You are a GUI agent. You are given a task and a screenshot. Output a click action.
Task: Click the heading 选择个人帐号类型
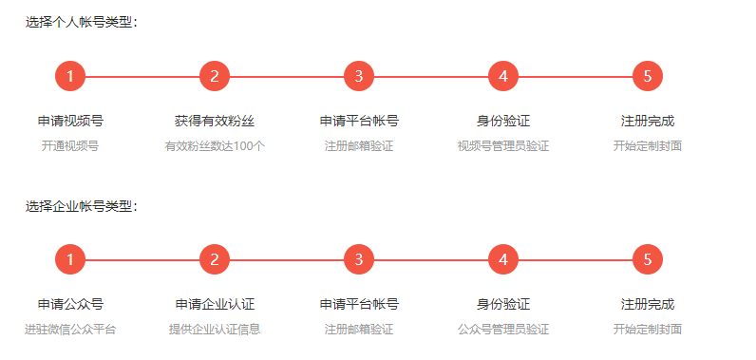(82, 22)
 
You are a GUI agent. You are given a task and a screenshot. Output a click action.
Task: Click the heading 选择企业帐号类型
(82, 205)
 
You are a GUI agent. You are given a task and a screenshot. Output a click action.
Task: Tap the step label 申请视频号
(70, 122)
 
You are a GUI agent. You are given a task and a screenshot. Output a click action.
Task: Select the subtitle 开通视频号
(70, 146)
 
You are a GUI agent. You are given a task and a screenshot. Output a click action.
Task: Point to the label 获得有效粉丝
(215, 122)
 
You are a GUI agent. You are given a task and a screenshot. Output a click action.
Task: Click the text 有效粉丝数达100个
(215, 146)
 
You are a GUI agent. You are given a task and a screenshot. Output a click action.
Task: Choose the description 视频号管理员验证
(503, 146)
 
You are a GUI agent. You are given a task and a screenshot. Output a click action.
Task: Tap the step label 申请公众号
(70, 305)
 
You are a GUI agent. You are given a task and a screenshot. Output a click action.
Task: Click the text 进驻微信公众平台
(70, 330)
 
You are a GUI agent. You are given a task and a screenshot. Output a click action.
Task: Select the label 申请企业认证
(215, 305)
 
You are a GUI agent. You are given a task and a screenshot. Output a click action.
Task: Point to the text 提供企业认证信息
(215, 330)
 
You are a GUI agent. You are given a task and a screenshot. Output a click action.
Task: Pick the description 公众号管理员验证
(503, 330)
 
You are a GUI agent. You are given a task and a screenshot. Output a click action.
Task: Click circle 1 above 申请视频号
(70, 76)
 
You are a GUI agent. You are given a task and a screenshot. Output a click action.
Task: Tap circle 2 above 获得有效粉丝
(215, 76)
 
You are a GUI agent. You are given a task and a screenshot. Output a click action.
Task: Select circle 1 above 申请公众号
(70, 259)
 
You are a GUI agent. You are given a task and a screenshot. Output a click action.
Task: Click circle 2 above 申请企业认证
(215, 259)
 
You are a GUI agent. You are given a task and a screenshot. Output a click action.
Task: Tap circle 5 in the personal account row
(648, 76)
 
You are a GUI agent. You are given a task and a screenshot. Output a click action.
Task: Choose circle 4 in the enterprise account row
(503, 259)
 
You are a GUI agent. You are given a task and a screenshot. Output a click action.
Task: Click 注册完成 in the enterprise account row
(648, 305)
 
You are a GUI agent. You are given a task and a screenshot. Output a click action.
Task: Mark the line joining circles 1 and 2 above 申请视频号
(142, 76)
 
